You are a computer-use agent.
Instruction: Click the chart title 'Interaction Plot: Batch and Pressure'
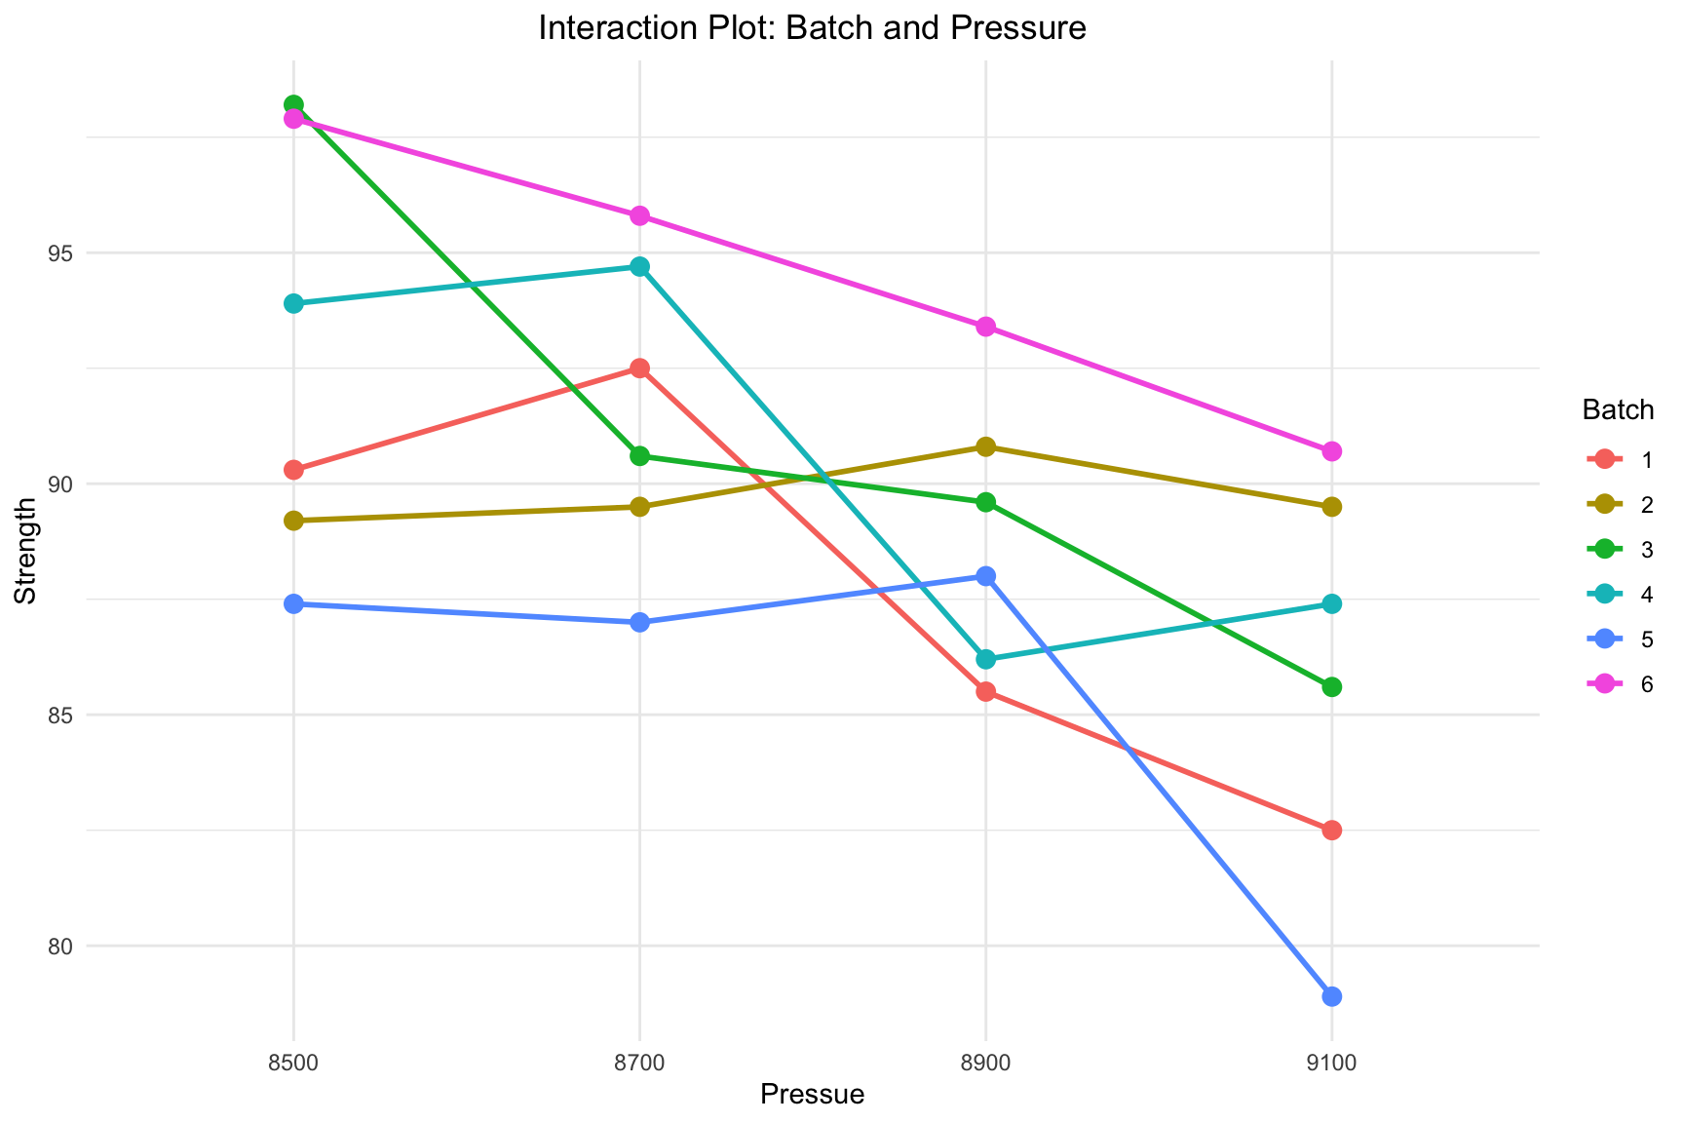(812, 28)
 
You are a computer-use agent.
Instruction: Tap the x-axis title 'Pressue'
(812, 1095)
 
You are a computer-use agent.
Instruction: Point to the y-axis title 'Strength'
(26, 551)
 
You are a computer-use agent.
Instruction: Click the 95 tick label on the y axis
(62, 253)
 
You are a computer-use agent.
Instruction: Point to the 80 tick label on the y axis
(62, 946)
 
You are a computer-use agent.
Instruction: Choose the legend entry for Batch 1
(1618, 460)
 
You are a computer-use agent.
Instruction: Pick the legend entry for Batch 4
(1618, 595)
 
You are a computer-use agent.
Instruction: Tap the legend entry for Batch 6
(1618, 684)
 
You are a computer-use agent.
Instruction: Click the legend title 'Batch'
(1618, 410)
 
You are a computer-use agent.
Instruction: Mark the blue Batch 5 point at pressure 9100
(1331, 996)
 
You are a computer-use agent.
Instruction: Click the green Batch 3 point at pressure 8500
(293, 104)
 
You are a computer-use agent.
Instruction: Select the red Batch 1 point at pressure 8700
(639, 368)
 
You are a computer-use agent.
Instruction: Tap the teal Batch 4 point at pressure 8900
(985, 659)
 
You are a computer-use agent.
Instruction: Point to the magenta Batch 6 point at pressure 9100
(1331, 451)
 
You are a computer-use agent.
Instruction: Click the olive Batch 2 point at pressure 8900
(985, 446)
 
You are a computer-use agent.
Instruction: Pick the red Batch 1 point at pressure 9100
(1331, 830)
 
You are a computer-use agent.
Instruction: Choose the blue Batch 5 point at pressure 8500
(293, 603)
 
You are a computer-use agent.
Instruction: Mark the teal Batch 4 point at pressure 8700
(639, 266)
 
